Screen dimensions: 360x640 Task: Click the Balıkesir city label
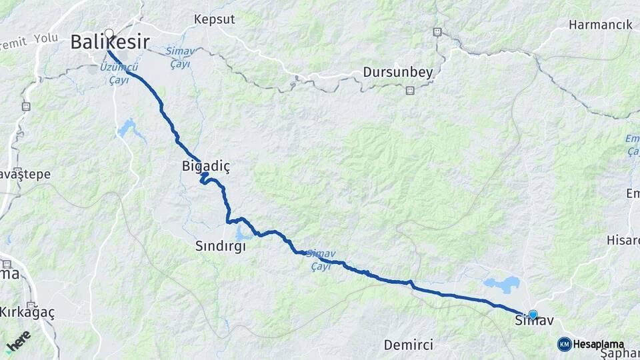109,43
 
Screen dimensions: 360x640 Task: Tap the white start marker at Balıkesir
109,33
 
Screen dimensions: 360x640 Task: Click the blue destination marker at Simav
533,314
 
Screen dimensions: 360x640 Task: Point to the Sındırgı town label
220,246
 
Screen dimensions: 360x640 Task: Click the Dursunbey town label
398,72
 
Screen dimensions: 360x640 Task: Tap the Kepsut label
215,19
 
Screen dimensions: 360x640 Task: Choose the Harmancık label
600,25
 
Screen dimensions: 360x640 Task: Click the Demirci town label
409,345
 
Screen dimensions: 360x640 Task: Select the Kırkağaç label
27,312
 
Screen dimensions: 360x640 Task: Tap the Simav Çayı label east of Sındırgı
321,260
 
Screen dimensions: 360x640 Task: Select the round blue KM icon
564,344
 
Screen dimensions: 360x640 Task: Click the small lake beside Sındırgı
243,233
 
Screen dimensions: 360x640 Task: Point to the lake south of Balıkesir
129,128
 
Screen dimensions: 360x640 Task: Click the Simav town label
534,321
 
